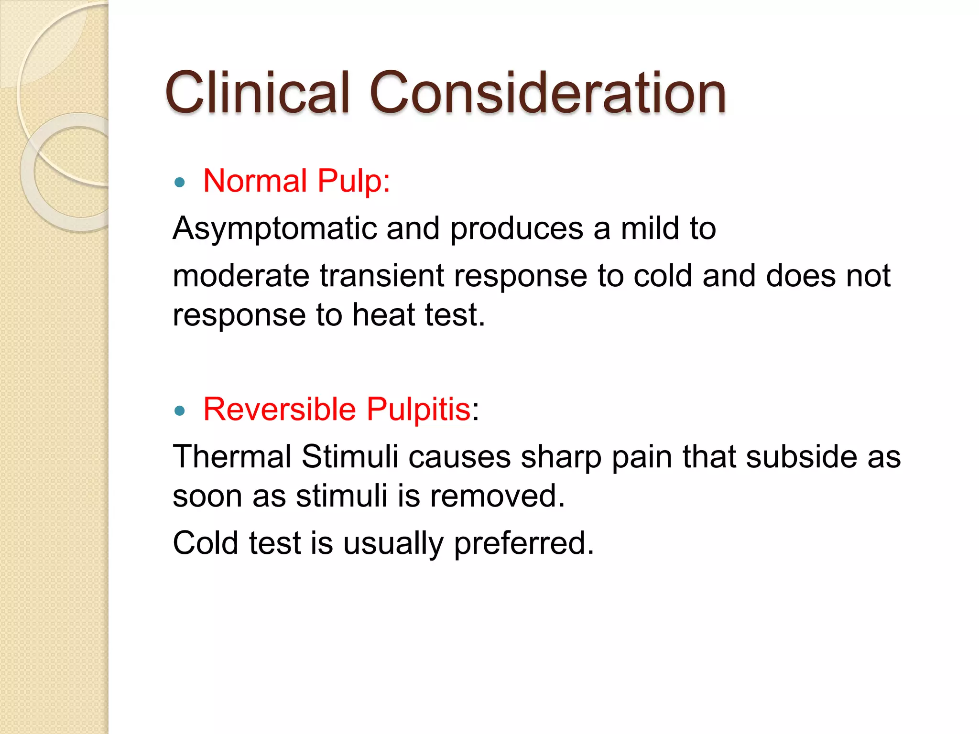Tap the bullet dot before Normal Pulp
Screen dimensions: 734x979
pos(180,182)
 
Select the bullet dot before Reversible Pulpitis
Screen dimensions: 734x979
pos(180,410)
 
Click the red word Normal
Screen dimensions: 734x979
pos(255,181)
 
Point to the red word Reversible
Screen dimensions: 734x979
pos(280,410)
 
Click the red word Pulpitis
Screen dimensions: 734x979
pos(419,410)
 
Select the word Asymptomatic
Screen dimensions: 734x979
pos(274,229)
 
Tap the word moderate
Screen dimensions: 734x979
pos(241,276)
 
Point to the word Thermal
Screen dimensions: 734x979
pos(232,456)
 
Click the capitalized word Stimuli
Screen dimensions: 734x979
pos(349,456)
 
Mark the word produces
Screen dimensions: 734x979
pos(517,229)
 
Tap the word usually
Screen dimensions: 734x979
pos(393,544)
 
